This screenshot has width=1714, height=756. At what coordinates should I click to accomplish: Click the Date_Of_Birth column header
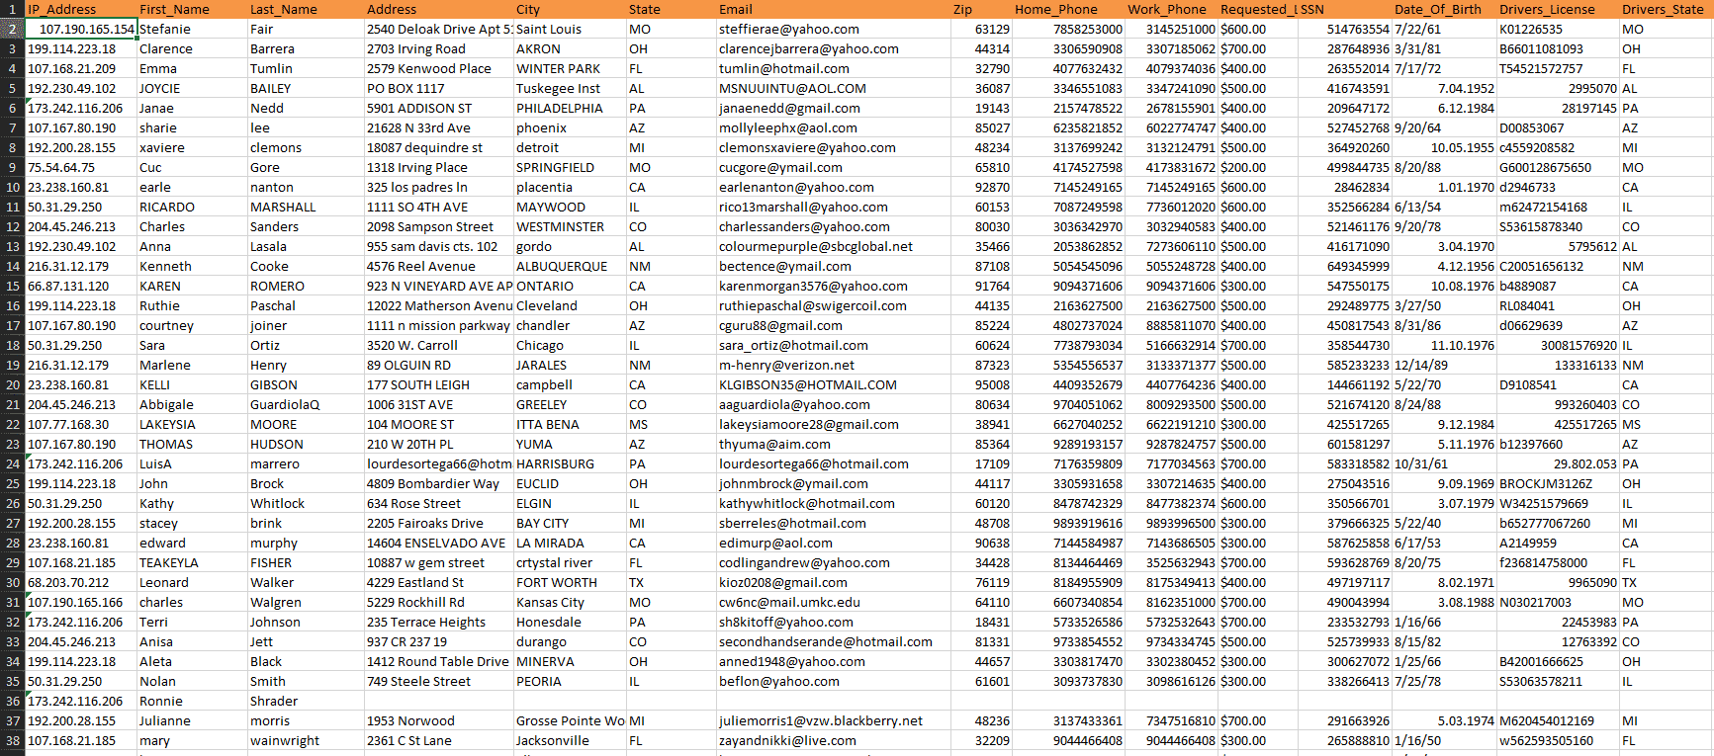[1437, 9]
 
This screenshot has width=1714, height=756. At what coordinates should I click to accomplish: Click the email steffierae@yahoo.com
[788, 29]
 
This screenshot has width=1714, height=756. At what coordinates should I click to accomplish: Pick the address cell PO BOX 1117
[406, 88]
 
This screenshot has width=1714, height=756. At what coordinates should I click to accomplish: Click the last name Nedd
[267, 108]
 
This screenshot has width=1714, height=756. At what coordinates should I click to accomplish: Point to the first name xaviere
[162, 147]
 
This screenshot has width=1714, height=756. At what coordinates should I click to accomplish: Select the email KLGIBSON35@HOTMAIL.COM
[807, 384]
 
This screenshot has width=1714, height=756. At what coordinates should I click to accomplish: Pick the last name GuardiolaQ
[285, 404]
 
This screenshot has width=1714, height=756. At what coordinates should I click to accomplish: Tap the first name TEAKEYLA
[168, 562]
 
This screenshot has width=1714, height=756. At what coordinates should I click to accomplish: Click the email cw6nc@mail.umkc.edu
[789, 602]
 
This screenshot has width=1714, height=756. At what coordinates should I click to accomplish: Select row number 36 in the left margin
[13, 701]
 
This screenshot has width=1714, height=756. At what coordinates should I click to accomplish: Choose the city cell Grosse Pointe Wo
[570, 720]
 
